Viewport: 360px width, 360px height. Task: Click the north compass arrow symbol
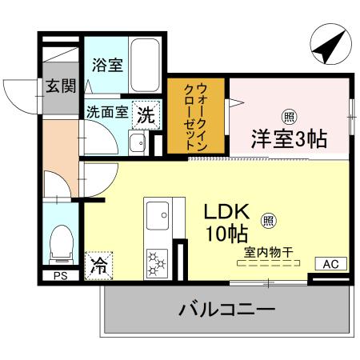pyautogui.click(x=328, y=48)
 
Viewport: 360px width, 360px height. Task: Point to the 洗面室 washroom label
pyautogui.click(x=106, y=113)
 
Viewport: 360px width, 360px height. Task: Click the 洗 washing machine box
pyautogui.click(x=146, y=114)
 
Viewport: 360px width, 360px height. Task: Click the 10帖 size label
pyautogui.click(x=224, y=235)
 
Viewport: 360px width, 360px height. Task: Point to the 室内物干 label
pyautogui.click(x=268, y=253)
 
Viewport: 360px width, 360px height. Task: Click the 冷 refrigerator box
pyautogui.click(x=99, y=262)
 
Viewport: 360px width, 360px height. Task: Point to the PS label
pyautogui.click(x=60, y=277)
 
